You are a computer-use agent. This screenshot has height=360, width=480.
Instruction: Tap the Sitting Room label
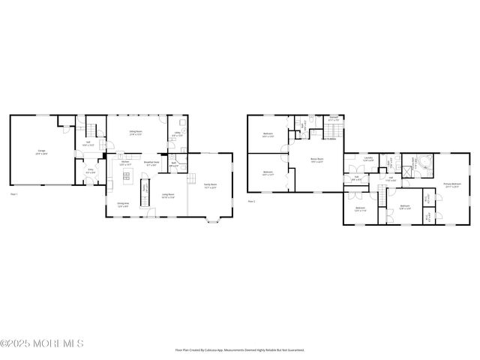[x=136, y=133]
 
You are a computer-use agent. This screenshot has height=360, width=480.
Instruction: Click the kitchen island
[x=127, y=176]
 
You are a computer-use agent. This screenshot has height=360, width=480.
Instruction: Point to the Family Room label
[x=210, y=186]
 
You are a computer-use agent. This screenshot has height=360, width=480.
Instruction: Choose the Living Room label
[x=169, y=196]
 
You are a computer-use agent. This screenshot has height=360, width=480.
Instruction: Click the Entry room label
[x=91, y=170]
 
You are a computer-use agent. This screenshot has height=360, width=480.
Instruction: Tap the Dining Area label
[x=122, y=204]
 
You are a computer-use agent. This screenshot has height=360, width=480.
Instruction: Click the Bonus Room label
[x=316, y=160]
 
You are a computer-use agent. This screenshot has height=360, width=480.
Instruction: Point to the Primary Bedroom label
[x=451, y=185]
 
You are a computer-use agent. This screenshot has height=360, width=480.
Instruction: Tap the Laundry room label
[x=368, y=159]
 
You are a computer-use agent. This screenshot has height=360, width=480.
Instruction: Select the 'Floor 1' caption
[x=13, y=194]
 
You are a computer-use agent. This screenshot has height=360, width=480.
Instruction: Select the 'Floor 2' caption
[x=251, y=201]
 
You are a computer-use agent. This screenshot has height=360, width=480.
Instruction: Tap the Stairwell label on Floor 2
[x=334, y=118]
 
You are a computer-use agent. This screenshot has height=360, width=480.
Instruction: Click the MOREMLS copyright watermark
[x=42, y=344]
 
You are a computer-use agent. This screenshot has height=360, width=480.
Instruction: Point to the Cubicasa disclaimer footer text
[x=239, y=349]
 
